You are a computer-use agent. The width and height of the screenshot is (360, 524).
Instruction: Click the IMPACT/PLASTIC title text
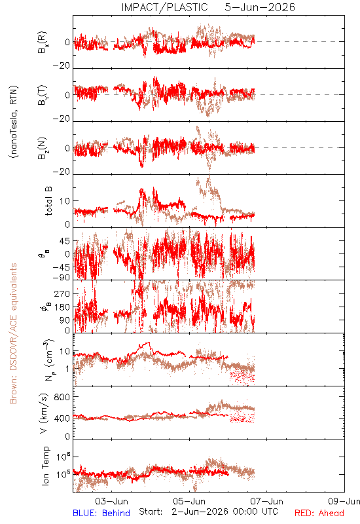coord(164,7)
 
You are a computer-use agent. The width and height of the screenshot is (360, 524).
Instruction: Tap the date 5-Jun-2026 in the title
coord(259,7)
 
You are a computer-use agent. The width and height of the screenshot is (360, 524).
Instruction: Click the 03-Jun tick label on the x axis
coord(111,501)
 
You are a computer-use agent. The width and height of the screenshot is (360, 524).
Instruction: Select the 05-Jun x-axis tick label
coord(189,501)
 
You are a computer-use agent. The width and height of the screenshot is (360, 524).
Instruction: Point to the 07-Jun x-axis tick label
coord(266,501)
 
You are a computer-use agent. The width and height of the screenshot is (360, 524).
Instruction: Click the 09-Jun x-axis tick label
coord(344,501)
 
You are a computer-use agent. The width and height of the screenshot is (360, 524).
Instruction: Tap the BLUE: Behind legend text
coord(101,513)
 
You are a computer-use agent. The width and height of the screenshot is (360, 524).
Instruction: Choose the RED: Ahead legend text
coord(319,513)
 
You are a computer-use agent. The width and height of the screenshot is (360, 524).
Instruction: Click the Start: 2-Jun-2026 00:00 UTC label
coord(208,512)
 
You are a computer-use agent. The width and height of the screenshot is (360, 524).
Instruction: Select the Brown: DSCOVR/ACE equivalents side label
coord(13,333)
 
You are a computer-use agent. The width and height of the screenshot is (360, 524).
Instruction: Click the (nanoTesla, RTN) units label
coord(14,122)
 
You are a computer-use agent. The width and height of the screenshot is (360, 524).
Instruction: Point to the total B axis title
coord(48,201)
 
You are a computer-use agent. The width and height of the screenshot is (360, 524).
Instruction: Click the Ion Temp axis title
coord(45,466)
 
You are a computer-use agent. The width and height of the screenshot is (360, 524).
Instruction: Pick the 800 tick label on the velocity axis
coord(62,397)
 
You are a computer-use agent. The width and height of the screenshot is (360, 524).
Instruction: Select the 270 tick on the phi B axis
coord(62,293)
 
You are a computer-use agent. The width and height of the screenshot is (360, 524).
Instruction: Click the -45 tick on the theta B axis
coord(61,267)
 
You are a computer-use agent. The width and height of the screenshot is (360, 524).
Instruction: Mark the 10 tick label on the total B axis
coord(65,201)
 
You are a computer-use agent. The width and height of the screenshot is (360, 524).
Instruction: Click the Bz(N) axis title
coord(43,148)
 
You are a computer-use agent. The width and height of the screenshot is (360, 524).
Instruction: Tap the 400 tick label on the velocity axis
coord(62,419)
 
